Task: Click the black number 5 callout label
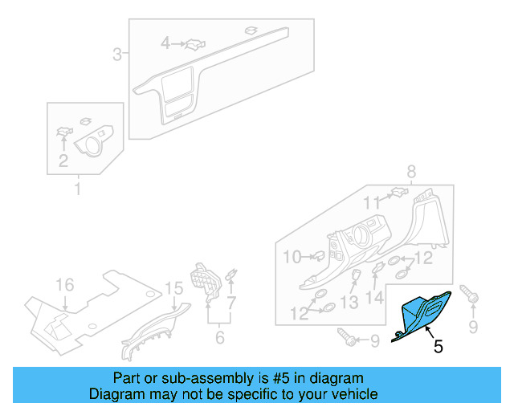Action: (x=438, y=347)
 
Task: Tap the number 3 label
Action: (x=116, y=55)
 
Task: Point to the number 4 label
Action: (x=165, y=43)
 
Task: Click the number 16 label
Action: (x=63, y=286)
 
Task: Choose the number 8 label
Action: (x=411, y=171)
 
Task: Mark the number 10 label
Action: (x=292, y=257)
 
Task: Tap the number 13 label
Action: (x=349, y=303)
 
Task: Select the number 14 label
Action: (x=375, y=298)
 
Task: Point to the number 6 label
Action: (x=219, y=339)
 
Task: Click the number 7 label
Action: (x=231, y=303)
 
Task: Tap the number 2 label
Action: (x=63, y=161)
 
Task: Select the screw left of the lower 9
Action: (x=347, y=339)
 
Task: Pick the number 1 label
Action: (x=78, y=189)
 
